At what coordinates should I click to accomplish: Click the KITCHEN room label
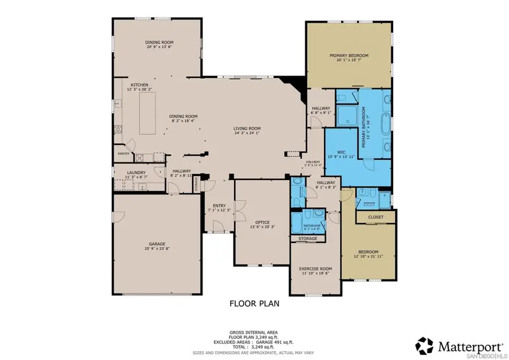(139, 85)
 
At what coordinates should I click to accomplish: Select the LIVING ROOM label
(247, 128)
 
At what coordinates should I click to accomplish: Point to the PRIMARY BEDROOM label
(349, 55)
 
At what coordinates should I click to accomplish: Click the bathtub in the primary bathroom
(386, 124)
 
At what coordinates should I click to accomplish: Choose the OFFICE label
(262, 222)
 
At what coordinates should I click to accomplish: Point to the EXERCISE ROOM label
(316, 268)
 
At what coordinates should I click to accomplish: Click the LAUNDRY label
(136, 173)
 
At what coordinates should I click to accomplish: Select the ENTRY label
(219, 206)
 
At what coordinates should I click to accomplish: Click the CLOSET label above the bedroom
(376, 216)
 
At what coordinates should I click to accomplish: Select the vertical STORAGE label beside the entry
(197, 184)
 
